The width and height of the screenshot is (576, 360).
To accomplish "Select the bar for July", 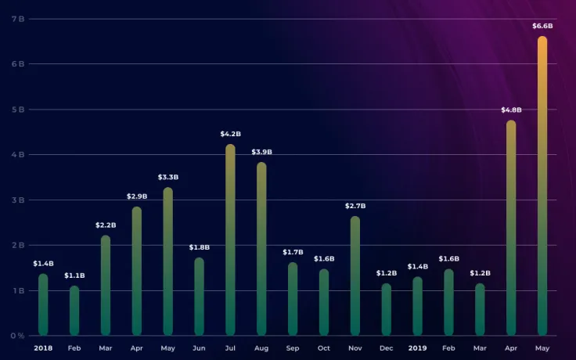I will (x=230, y=239).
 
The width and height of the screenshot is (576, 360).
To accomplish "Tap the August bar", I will (x=261, y=249).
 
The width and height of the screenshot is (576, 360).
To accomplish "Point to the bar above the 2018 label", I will (x=43, y=304).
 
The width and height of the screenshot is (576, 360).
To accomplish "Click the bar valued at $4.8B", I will (x=511, y=227).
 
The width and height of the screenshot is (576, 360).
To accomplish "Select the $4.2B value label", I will (x=230, y=134).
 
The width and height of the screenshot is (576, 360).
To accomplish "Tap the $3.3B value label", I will (x=167, y=177).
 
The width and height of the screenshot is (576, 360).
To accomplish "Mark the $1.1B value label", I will (x=74, y=275).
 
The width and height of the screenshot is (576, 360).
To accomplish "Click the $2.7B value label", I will (x=355, y=206).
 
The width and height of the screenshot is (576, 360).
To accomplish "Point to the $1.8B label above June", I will (x=200, y=247).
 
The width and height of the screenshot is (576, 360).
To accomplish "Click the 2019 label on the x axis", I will (x=417, y=347).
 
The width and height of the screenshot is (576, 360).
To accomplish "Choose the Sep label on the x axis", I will (x=293, y=347).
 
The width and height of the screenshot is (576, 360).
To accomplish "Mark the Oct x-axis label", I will (x=324, y=347).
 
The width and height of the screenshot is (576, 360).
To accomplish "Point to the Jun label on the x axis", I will (x=199, y=347).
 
